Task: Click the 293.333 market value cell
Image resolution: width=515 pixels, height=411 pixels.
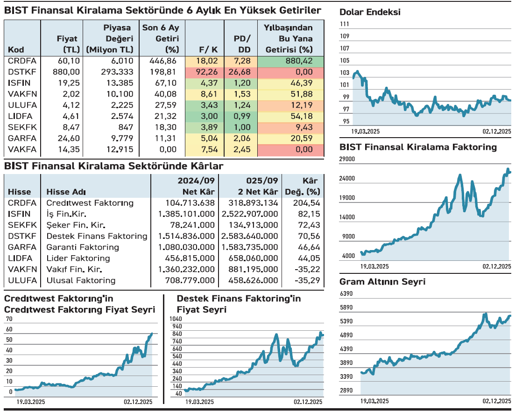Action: click(x=117, y=72)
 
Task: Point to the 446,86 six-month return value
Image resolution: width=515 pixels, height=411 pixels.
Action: click(x=163, y=61)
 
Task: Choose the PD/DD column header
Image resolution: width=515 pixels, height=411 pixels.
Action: click(x=242, y=44)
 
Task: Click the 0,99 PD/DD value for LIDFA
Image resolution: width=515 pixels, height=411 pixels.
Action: click(x=242, y=116)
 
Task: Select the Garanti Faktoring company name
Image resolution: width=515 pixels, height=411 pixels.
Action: click(x=76, y=247)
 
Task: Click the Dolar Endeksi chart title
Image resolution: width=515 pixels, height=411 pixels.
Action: click(x=370, y=13)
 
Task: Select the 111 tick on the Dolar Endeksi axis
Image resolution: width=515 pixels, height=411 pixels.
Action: click(x=345, y=24)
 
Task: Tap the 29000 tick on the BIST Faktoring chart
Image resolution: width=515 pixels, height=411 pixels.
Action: click(x=347, y=159)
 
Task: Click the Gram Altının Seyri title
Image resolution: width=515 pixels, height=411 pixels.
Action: click(x=382, y=282)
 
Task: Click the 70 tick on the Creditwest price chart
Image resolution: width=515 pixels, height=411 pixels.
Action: click(x=9, y=319)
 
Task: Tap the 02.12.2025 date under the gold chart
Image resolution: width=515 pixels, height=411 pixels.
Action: click(x=497, y=401)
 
